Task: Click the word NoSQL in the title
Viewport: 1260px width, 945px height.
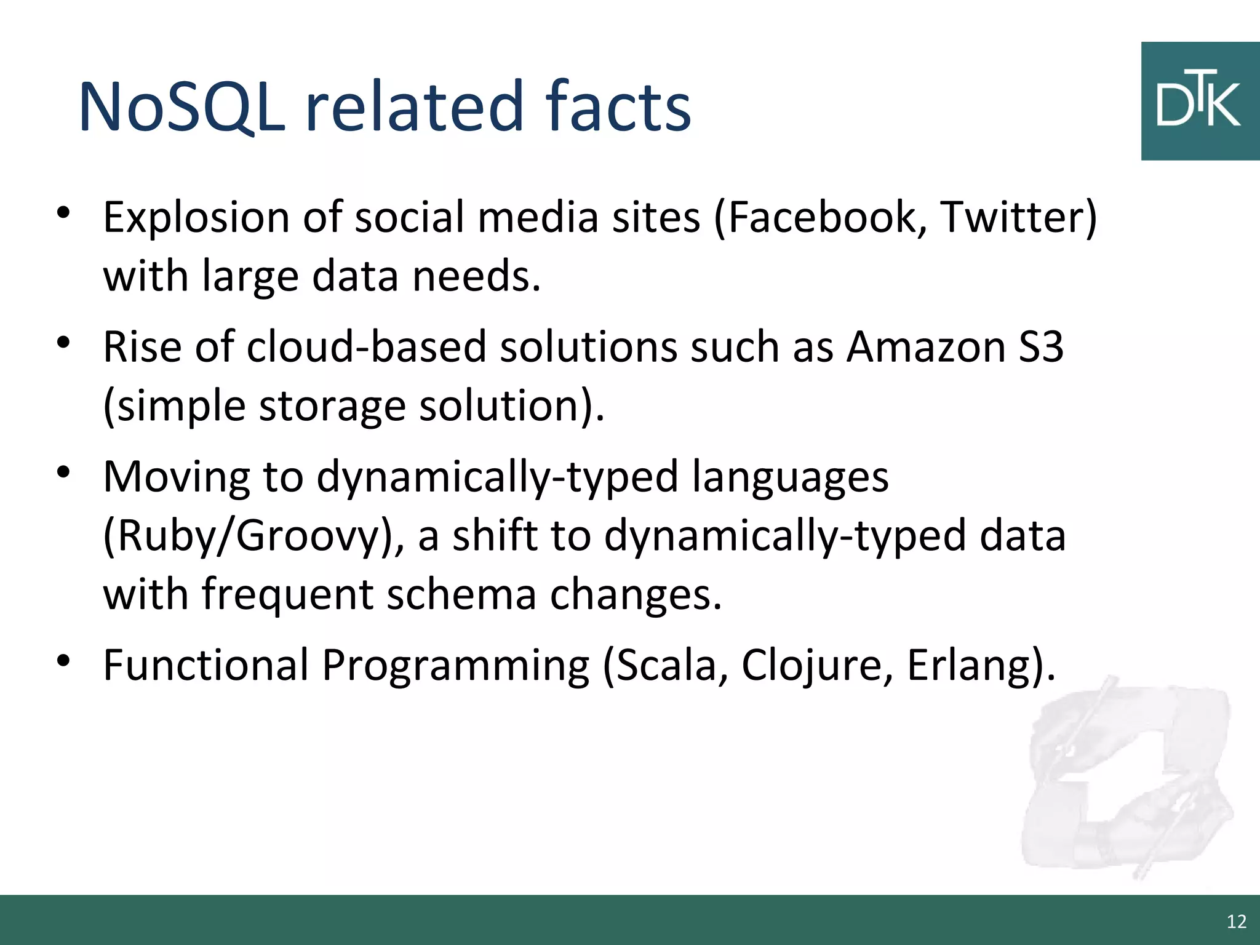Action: click(182, 107)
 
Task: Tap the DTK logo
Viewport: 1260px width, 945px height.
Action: click(1199, 102)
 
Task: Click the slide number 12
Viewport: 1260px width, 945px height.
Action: click(1236, 922)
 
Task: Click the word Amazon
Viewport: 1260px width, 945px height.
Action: click(926, 347)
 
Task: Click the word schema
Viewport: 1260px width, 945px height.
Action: click(461, 595)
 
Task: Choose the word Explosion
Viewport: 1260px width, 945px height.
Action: click(196, 218)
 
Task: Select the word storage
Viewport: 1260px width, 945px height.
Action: click(332, 407)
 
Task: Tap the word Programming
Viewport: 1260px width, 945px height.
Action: click(455, 666)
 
